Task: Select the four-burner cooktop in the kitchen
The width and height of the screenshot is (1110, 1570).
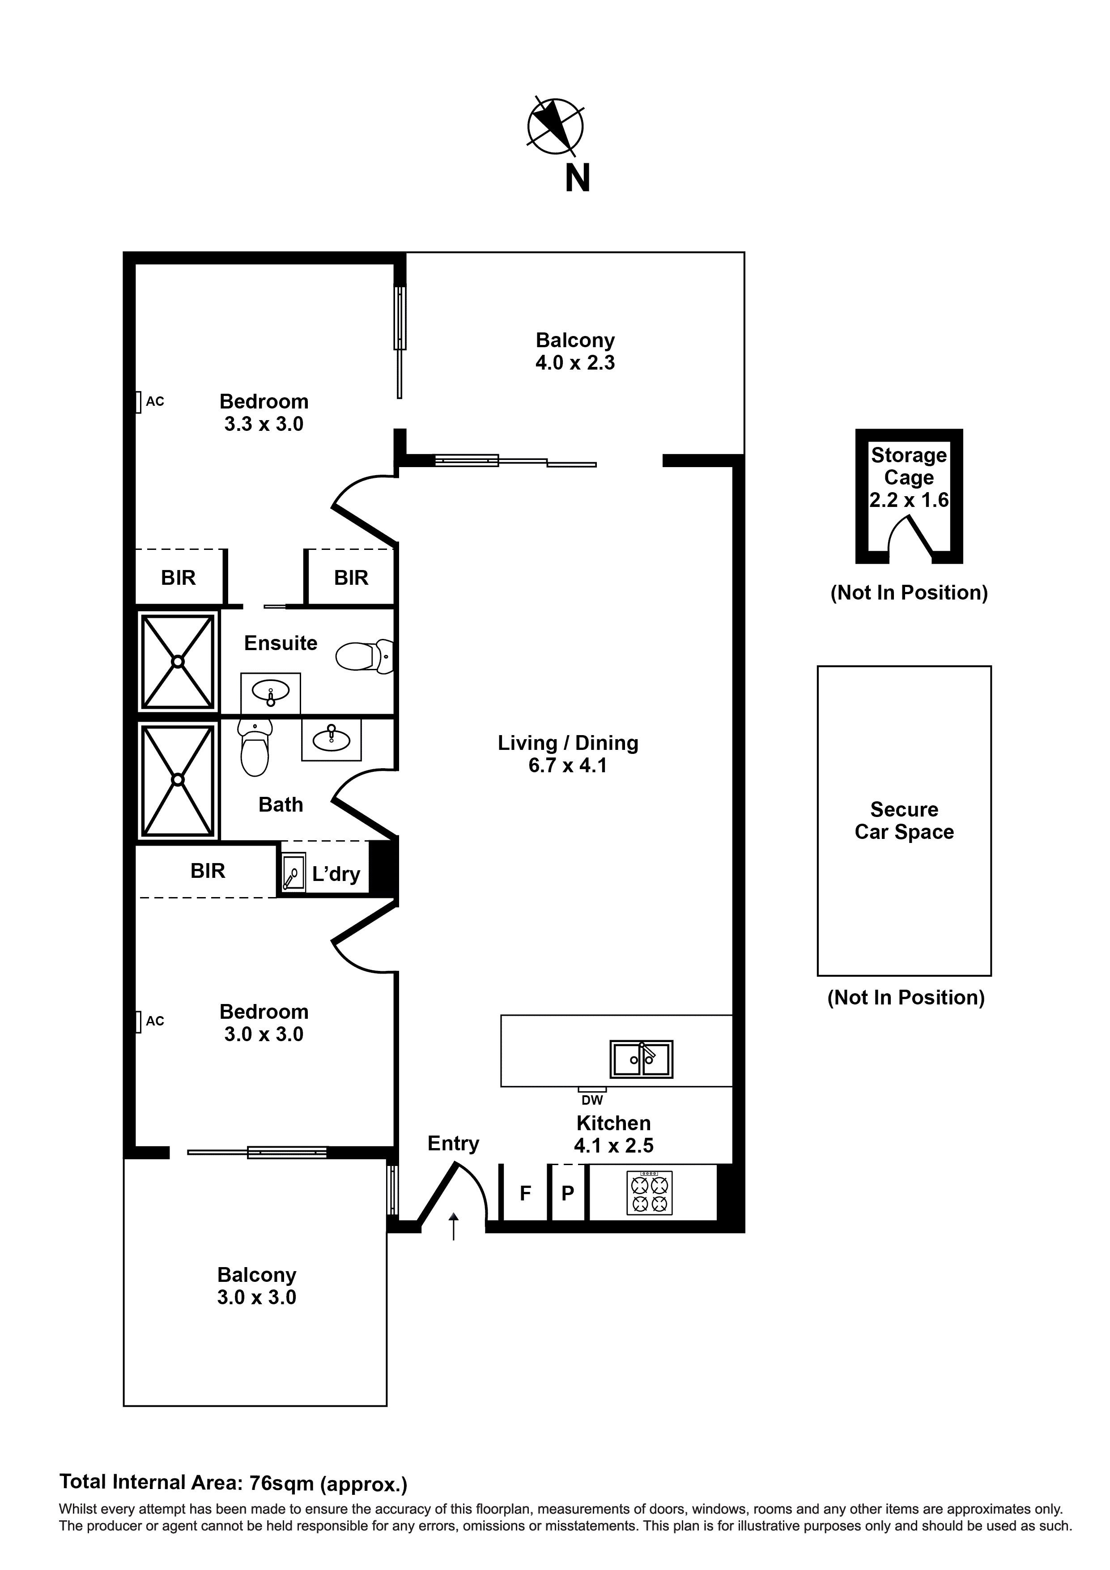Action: coord(649,1193)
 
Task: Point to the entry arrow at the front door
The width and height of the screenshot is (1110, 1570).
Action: coord(453,1226)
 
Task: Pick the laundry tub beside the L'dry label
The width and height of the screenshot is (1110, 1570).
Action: coord(294,872)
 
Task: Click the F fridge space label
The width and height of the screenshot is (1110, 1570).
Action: coord(525,1193)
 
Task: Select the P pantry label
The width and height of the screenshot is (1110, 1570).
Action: coord(568,1193)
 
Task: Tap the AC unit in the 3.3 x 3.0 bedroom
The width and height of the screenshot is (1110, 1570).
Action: coord(138,401)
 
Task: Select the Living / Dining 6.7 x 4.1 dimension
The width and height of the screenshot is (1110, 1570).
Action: coord(568,765)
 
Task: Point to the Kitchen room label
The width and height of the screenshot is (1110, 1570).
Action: coord(613,1123)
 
